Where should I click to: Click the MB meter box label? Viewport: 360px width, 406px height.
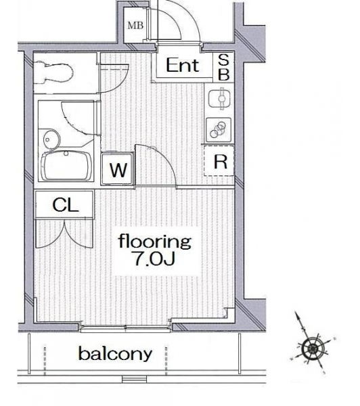click(x=135, y=26)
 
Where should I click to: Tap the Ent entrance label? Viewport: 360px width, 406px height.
click(x=183, y=65)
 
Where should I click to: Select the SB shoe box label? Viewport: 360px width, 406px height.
click(x=223, y=67)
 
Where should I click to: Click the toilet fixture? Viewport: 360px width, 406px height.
click(x=54, y=72)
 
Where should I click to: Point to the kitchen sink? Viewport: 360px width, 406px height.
click(x=219, y=99)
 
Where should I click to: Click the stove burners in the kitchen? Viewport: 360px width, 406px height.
click(x=219, y=129)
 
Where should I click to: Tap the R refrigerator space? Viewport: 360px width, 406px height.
click(x=219, y=161)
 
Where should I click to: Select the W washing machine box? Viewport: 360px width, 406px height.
click(x=118, y=169)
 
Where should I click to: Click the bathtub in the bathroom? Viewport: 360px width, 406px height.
click(x=66, y=166)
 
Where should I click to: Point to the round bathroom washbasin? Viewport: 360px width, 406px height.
click(x=51, y=139)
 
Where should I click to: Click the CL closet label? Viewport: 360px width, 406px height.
click(x=65, y=205)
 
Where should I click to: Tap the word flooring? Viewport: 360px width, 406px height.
click(x=155, y=241)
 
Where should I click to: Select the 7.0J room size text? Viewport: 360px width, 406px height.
click(x=154, y=258)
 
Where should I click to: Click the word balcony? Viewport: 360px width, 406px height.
click(x=115, y=354)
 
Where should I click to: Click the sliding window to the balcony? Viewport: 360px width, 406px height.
click(x=126, y=328)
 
